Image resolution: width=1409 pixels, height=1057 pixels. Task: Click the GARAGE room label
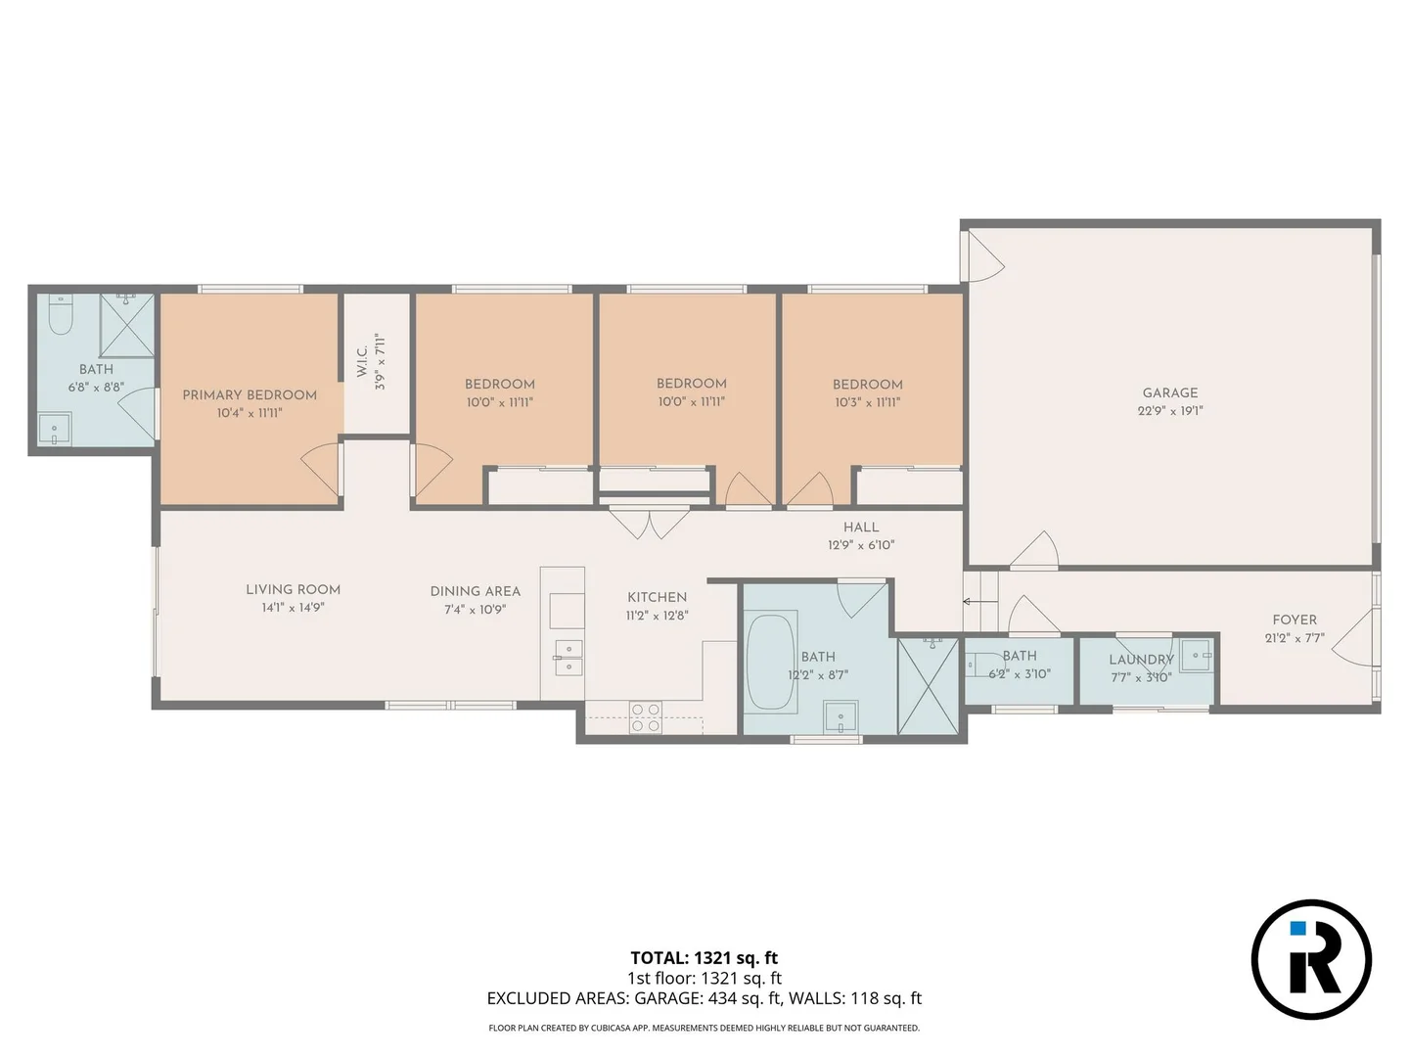(x=1169, y=392)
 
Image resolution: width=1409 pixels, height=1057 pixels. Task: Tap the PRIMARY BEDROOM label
(x=250, y=394)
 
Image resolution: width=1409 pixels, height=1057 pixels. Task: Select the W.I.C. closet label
(x=362, y=361)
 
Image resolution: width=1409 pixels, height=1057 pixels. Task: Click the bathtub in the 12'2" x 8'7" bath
(x=770, y=661)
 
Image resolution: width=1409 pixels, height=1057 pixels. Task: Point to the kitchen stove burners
(x=645, y=717)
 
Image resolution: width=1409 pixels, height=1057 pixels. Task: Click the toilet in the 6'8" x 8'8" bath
(x=61, y=315)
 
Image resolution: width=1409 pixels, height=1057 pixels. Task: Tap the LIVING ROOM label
(x=293, y=589)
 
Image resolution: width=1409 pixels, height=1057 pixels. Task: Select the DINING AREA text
(x=475, y=591)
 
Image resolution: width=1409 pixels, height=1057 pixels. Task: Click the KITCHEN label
(x=657, y=597)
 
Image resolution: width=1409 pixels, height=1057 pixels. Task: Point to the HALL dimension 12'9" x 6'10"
(x=861, y=545)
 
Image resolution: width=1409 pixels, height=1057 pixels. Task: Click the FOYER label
(x=1294, y=620)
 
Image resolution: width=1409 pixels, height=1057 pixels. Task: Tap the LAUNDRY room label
(x=1141, y=660)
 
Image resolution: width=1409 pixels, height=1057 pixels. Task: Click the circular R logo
(x=1311, y=959)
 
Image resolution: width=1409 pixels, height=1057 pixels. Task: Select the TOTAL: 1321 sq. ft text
(x=704, y=958)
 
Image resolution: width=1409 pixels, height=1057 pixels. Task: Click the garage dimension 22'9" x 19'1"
(x=1169, y=411)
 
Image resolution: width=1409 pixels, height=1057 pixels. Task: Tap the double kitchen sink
(x=568, y=658)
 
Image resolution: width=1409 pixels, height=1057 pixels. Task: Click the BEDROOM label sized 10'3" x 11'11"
(x=867, y=385)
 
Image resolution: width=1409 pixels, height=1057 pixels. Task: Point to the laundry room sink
(x=1195, y=656)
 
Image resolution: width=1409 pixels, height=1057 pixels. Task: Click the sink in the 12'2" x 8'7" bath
(x=841, y=716)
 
